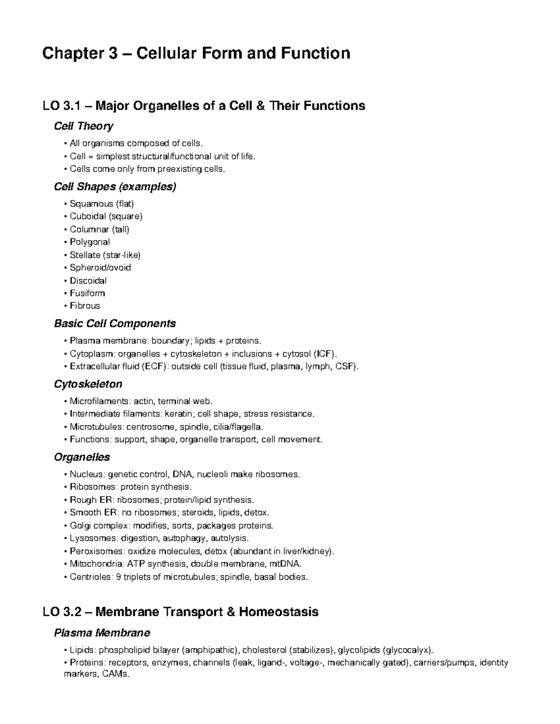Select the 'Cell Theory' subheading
pos(84,126)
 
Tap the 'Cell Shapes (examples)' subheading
pos(115,186)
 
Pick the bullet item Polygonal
pos(90,242)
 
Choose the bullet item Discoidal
pos(88,281)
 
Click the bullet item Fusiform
pos(87,293)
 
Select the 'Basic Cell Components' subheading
pos(115,324)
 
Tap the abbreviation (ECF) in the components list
pos(154,366)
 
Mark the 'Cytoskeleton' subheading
pos(88,384)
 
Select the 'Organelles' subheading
pos(82,457)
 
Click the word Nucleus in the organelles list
pos(86,474)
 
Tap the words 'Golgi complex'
pos(99,525)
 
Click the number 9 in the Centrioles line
pos(119,577)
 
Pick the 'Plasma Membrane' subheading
pos(102,633)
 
